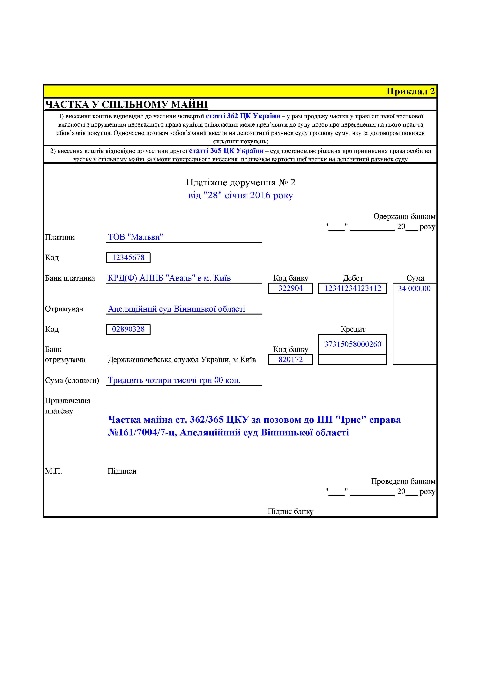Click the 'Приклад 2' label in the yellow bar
[x=410, y=91]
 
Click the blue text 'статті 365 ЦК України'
[x=226, y=151]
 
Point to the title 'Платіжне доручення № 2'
[x=241, y=182]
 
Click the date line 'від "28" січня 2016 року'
[x=241, y=196]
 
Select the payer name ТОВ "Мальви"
[x=135, y=237]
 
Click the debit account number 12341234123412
[x=353, y=288]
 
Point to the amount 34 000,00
[x=414, y=289]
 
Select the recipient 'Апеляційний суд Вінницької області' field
[x=176, y=309]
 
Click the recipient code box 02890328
[x=128, y=329]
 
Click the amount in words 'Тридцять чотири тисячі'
[x=174, y=381]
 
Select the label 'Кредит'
[x=353, y=329]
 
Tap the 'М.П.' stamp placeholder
[x=53, y=471]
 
